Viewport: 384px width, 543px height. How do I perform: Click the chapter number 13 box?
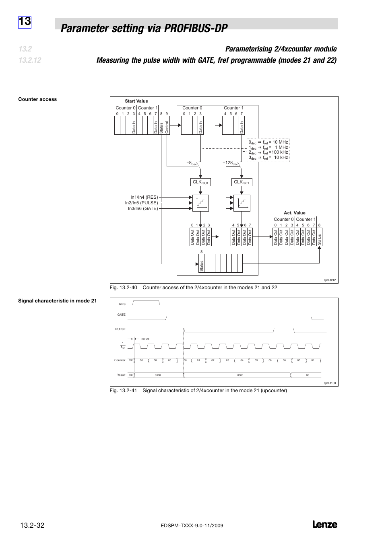tap(25, 21)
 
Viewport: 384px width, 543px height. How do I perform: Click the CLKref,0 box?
tap(200, 182)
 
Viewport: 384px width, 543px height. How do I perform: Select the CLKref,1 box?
tap(242, 182)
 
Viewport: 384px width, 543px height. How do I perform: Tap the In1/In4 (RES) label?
tap(144, 197)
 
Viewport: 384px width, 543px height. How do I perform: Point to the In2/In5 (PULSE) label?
tap(141, 203)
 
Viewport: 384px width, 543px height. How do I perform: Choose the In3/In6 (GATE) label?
tap(143, 208)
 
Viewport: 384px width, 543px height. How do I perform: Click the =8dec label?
tap(192, 163)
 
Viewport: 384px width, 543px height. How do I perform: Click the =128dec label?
tap(231, 163)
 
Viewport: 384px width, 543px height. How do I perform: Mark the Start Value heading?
tap(136, 101)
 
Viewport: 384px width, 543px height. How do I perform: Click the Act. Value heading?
tap(295, 213)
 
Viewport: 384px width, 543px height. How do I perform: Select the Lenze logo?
tap(324, 524)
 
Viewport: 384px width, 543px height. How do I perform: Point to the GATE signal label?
tap(121, 315)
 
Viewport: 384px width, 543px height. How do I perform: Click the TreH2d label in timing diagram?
tap(145, 339)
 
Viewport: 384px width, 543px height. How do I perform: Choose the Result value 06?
tap(308, 375)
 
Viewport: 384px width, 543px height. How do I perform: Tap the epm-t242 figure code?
tap(330, 280)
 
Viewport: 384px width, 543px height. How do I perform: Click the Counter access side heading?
tap(37, 99)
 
